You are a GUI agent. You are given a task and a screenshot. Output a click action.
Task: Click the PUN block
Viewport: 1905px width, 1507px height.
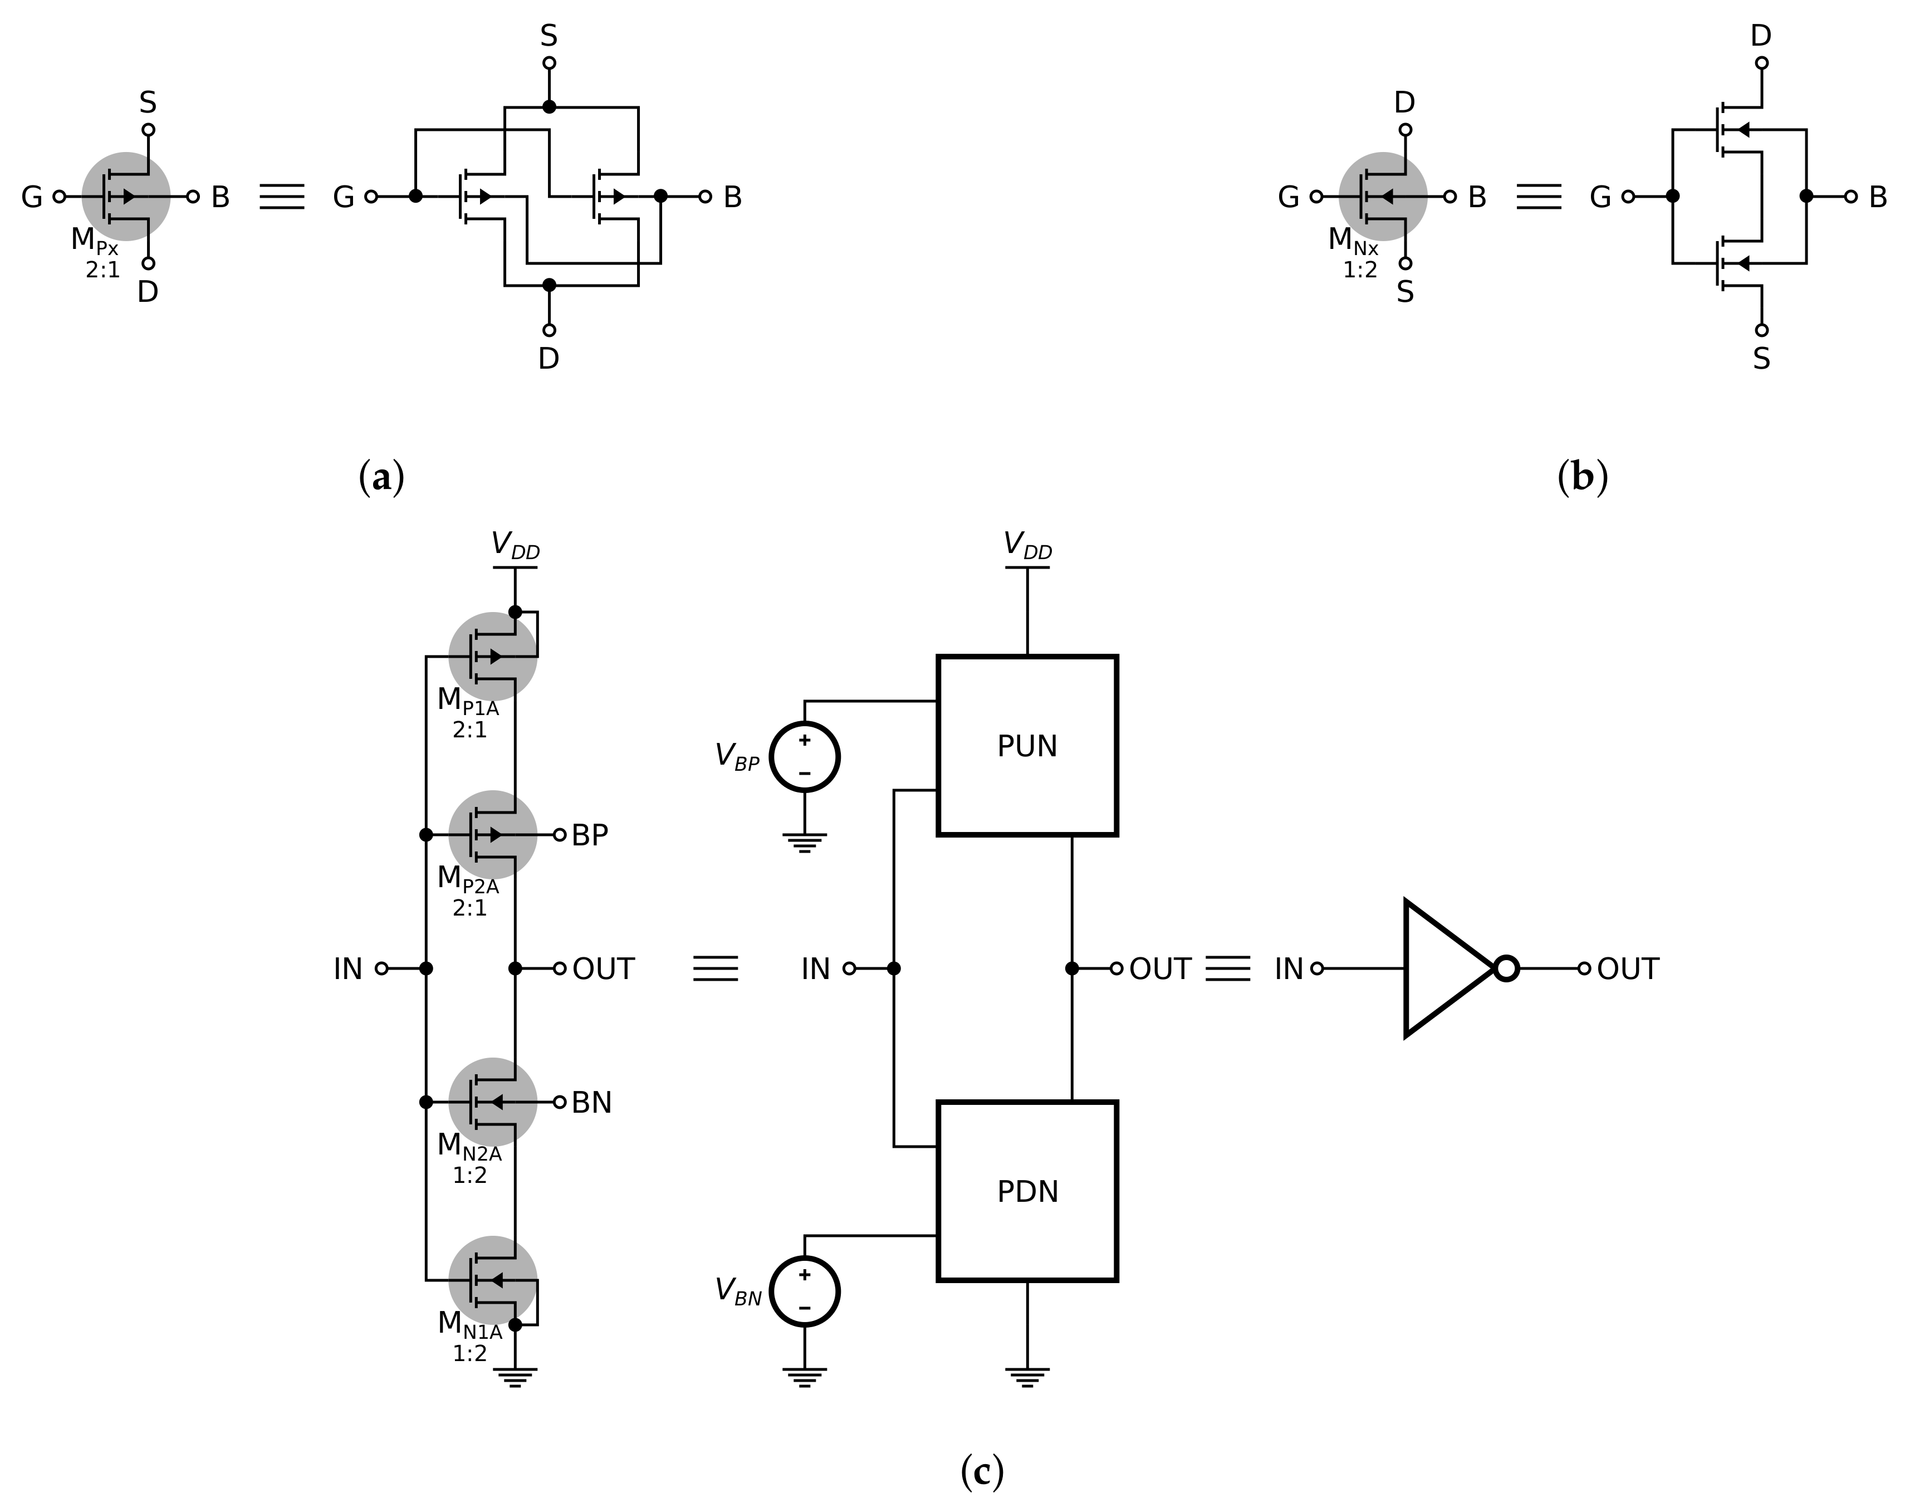point(1026,746)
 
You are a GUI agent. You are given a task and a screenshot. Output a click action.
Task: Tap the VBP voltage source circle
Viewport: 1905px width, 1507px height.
point(804,757)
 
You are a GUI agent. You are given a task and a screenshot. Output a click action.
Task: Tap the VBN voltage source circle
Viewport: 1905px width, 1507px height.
point(804,1291)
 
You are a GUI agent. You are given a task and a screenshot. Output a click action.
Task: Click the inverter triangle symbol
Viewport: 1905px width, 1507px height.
point(1443,968)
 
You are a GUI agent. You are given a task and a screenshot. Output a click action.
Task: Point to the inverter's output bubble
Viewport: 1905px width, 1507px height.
point(1506,968)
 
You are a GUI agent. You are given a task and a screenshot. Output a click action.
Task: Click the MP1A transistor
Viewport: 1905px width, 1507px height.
point(492,655)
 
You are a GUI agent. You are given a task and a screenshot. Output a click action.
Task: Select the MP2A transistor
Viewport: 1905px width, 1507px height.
point(492,834)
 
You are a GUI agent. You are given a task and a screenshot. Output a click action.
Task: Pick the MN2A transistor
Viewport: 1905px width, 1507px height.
point(492,1101)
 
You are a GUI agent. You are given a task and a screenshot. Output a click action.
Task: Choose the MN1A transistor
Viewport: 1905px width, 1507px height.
point(492,1279)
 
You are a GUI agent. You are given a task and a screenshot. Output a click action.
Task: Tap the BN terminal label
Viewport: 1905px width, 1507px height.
point(591,1102)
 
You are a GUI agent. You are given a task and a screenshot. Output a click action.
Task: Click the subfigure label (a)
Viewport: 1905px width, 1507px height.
point(382,477)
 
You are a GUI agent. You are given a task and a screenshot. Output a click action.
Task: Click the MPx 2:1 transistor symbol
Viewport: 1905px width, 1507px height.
point(126,196)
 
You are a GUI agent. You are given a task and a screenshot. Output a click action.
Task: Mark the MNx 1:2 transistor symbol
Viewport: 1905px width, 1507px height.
point(1383,196)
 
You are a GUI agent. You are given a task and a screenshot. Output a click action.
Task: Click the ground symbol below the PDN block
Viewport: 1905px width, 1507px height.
point(1026,1377)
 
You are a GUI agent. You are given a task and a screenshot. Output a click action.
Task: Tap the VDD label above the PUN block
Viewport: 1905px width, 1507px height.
point(1027,545)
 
